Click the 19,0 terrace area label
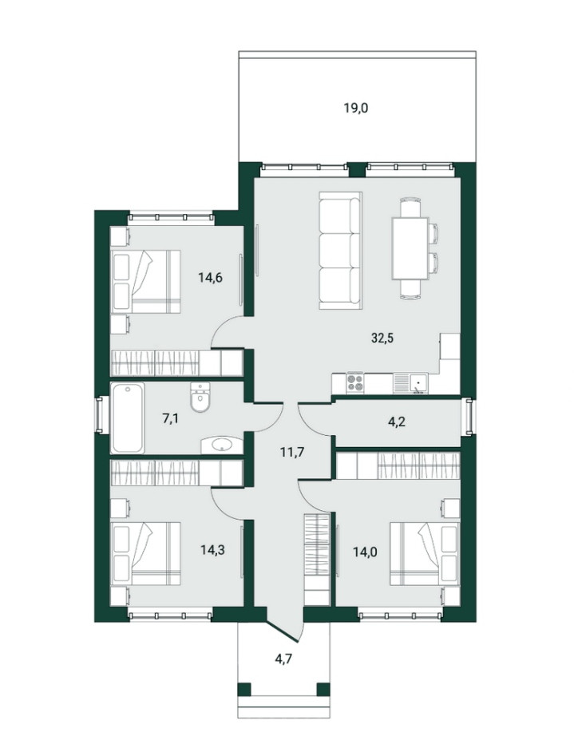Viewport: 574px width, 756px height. click(x=355, y=108)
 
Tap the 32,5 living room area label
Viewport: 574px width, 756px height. click(x=382, y=338)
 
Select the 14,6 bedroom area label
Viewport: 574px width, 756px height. click(x=210, y=277)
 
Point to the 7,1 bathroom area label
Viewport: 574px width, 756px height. click(x=170, y=418)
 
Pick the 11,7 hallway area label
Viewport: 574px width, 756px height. click(x=292, y=453)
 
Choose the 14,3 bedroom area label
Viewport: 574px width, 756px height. click(x=212, y=550)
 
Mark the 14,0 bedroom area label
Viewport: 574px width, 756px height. click(x=365, y=551)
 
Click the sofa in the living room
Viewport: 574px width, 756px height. click(x=340, y=250)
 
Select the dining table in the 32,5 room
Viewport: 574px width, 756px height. click(x=410, y=248)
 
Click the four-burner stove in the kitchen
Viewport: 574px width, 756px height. click(x=355, y=383)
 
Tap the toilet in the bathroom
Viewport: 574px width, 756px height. click(x=200, y=398)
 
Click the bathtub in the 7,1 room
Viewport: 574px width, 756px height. click(x=128, y=418)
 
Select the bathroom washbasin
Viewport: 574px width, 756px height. click(x=221, y=445)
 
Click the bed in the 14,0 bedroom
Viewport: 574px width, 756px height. click(x=425, y=553)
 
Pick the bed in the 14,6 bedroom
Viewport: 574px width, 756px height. click(x=145, y=281)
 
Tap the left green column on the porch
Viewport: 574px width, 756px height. click(x=245, y=689)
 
